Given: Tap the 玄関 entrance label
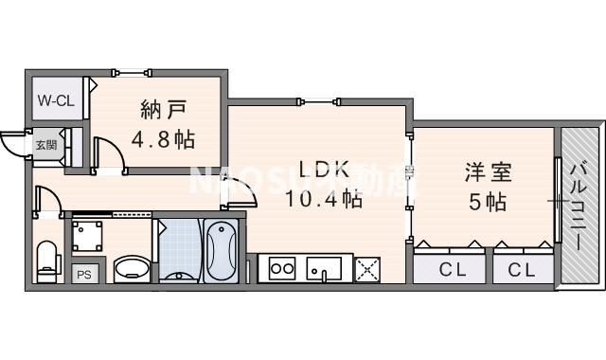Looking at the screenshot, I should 45,145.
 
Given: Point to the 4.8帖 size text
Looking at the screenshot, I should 163,140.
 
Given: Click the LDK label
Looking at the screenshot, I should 325,171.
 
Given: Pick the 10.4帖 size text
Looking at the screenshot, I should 325,199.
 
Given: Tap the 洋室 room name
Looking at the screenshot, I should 487,173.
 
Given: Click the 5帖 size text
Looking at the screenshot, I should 487,202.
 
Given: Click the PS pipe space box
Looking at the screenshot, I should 82,274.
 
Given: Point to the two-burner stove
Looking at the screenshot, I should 283,268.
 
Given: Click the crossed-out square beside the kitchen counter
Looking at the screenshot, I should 366,269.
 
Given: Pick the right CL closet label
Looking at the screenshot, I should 521,270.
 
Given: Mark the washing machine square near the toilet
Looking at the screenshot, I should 90,234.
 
